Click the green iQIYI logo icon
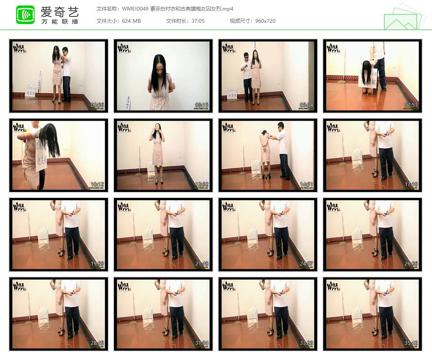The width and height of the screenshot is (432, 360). [25, 15]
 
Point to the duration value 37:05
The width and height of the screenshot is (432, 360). [197, 21]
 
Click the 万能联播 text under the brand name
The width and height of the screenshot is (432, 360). [60, 22]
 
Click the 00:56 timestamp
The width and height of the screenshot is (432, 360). [97, 105]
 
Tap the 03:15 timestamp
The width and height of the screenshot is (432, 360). [202, 105]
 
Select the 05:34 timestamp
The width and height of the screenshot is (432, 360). [307, 105]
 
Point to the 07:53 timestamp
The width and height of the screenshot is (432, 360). [411, 105]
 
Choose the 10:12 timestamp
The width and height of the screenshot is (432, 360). [97, 184]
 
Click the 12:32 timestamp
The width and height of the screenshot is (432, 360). [202, 184]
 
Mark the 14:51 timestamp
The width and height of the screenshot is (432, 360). [307, 184]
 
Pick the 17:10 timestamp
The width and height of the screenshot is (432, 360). [411, 184]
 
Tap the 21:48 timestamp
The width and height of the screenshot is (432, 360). [202, 264]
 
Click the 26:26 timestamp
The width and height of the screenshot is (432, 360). [411, 264]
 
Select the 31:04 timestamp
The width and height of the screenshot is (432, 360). [202, 343]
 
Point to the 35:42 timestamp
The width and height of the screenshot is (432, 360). [411, 343]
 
